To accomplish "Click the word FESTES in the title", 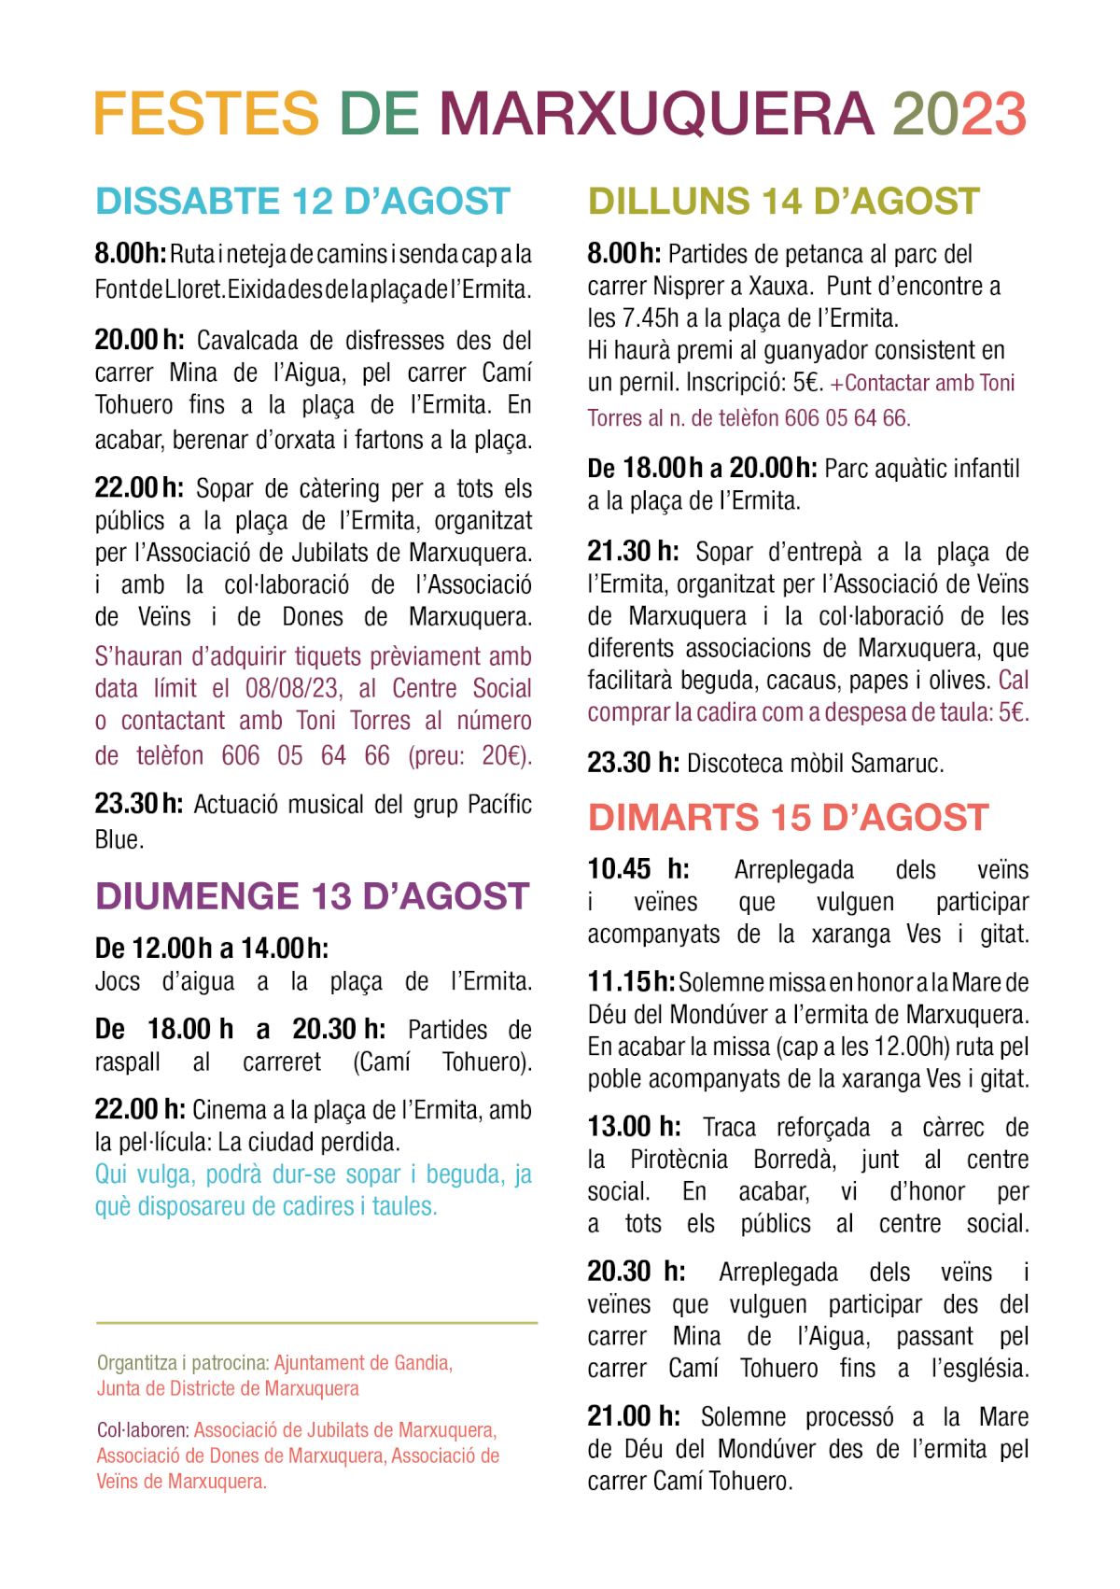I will [206, 114].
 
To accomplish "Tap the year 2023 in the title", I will [959, 114].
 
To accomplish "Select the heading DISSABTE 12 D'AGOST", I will [302, 202].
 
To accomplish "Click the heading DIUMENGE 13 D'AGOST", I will [312, 896].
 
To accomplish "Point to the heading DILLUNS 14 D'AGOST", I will [783, 202].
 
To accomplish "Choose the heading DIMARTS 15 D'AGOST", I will [788, 818].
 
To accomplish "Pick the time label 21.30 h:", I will [633, 552].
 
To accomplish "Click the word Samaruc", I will [898, 764].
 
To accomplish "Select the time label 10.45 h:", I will [638, 870].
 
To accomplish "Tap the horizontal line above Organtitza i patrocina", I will [316, 1323].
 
